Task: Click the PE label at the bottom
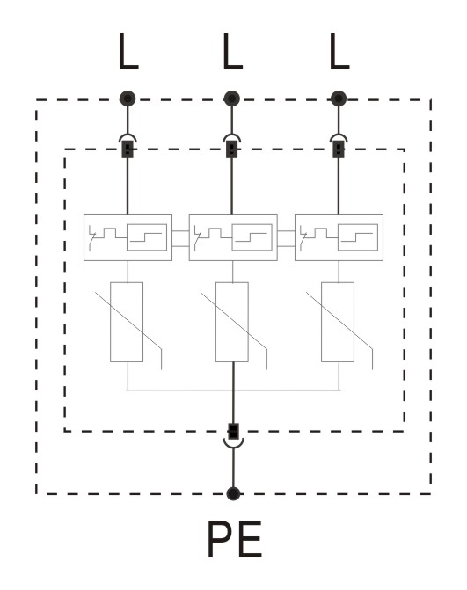click(234, 539)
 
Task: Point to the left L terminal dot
click(128, 98)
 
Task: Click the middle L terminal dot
click(232, 98)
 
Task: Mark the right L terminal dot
click(339, 98)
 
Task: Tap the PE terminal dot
click(233, 493)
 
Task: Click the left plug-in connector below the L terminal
click(128, 146)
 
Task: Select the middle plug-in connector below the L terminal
click(232, 146)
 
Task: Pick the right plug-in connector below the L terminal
click(339, 146)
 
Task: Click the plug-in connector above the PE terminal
click(233, 435)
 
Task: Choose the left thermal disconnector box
click(128, 237)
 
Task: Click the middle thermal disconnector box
click(233, 237)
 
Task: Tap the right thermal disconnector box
click(339, 237)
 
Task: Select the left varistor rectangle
click(127, 322)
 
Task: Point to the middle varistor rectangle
click(232, 322)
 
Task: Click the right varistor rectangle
click(338, 322)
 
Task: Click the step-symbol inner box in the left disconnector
click(147, 237)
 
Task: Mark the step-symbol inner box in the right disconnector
click(358, 237)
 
